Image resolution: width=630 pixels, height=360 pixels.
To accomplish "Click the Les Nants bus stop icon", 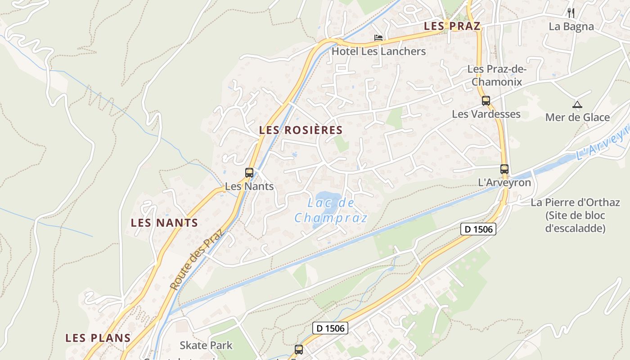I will (249, 172).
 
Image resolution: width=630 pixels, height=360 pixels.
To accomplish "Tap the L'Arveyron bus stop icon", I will (504, 169).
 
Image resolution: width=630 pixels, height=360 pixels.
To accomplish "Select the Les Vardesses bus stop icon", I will (486, 101).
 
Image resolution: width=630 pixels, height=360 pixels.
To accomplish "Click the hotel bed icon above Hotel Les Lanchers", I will (378, 38).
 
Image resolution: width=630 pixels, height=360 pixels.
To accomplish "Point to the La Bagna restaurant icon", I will (571, 13).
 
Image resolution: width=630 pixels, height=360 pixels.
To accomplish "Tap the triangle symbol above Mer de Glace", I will (577, 105).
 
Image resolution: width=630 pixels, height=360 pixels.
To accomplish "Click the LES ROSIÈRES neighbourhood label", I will (301, 130).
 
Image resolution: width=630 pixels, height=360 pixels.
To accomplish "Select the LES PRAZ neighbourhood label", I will (452, 26).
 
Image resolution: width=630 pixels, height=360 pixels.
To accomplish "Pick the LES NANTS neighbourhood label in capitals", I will (164, 223).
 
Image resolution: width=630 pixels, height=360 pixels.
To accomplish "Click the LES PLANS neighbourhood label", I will (98, 338).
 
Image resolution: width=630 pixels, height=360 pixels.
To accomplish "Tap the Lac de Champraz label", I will (331, 211).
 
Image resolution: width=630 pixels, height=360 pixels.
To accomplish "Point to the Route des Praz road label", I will (197, 259).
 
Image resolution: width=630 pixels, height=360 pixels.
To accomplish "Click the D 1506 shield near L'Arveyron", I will (478, 229).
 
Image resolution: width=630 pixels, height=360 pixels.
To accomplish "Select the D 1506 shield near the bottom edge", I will (330, 328).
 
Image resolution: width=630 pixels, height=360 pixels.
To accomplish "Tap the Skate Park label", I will (206, 345).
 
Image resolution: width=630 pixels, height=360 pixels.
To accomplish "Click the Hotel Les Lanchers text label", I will (378, 51).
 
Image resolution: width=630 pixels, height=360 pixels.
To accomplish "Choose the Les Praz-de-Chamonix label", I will (496, 75).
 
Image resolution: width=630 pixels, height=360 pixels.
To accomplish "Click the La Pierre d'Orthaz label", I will (575, 215).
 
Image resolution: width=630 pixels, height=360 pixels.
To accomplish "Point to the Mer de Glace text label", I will (577, 117).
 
